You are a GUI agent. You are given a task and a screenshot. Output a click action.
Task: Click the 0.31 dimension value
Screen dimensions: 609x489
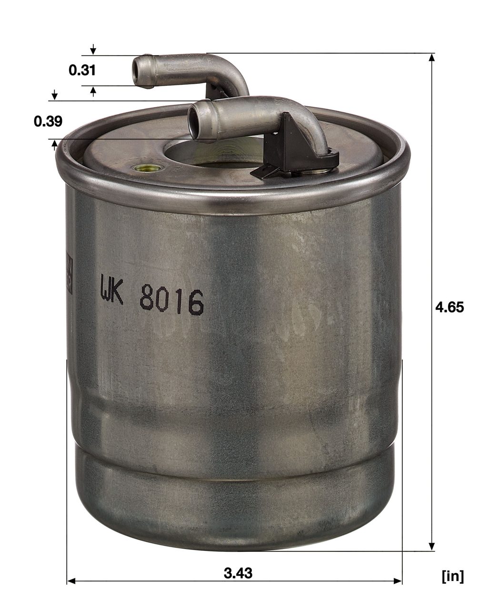point(82,70)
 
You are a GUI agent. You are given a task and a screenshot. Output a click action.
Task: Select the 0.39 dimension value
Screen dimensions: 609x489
point(48,121)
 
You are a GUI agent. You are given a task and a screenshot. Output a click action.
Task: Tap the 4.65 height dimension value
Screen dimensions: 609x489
point(449,307)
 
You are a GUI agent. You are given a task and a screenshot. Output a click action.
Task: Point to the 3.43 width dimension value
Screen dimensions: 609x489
point(238,573)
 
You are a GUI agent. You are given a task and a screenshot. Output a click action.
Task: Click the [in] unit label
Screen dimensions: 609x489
point(452,577)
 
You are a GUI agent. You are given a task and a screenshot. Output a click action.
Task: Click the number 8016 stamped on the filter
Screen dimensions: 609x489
point(172,302)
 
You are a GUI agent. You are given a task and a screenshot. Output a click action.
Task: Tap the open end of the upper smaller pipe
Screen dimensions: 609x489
point(138,71)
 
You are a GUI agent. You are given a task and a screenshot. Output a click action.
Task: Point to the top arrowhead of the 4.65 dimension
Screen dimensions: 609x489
point(431,58)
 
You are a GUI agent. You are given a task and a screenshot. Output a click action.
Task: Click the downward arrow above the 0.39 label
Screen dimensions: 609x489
point(55,96)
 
